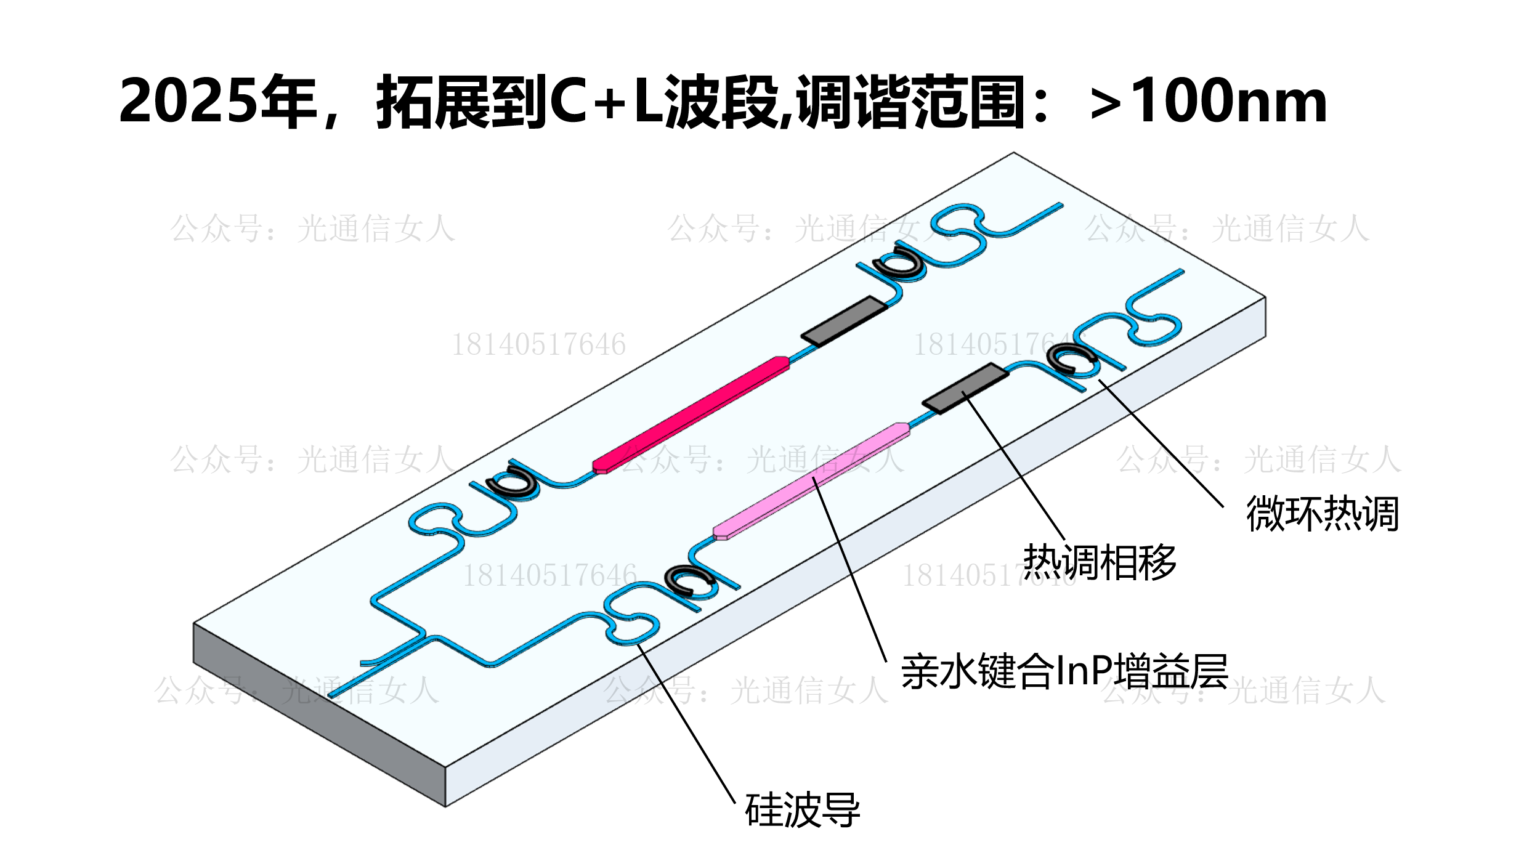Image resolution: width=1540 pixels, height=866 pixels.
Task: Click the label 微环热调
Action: click(1322, 513)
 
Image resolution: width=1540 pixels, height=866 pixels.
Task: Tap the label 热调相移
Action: click(1100, 562)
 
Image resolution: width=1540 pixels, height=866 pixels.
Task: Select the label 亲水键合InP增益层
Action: click(1064, 671)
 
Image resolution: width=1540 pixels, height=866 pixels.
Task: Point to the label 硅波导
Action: click(802, 810)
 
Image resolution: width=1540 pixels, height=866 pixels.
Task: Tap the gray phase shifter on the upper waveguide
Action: click(844, 321)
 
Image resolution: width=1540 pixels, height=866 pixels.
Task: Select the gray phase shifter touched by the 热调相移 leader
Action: click(965, 389)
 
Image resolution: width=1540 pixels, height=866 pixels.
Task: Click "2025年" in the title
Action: click(217, 102)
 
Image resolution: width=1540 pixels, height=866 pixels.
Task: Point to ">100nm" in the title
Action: click(1207, 102)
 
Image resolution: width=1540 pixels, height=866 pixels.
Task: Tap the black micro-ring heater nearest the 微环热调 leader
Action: click(1070, 359)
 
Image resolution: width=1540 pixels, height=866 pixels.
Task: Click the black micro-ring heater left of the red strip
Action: click(512, 481)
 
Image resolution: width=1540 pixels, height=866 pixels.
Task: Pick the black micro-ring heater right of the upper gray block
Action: click(898, 262)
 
